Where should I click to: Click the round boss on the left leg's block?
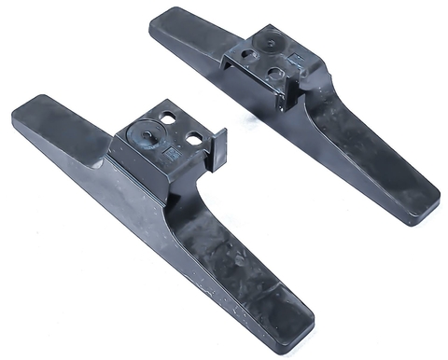tap(147, 132)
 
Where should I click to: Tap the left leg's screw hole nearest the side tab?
tap(193, 138)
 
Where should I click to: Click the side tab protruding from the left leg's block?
tap(217, 149)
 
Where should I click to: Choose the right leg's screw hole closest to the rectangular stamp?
tap(276, 69)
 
